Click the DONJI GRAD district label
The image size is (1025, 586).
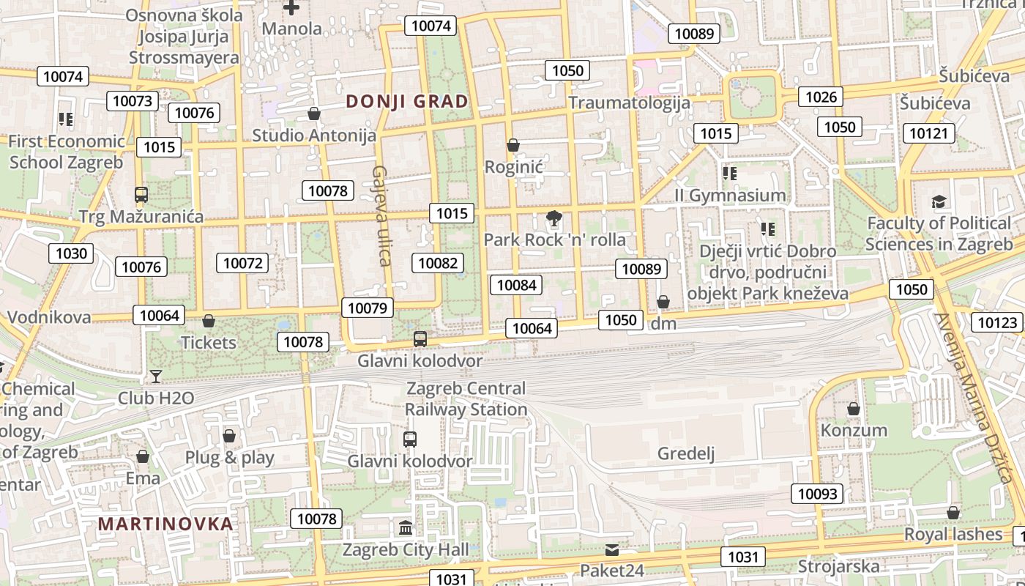pyautogui.click(x=406, y=101)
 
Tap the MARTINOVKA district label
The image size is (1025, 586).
pyautogui.click(x=165, y=524)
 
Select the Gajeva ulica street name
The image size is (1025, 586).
pyautogui.click(x=381, y=215)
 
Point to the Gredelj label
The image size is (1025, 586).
pyautogui.click(x=685, y=453)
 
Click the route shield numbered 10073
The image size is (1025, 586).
pyautogui.click(x=133, y=101)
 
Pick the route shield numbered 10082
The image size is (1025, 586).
pyautogui.click(x=438, y=263)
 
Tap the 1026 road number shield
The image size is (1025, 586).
pyautogui.click(x=821, y=97)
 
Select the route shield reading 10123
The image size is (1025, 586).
pyautogui.click(x=997, y=322)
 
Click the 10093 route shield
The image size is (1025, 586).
pyautogui.click(x=816, y=494)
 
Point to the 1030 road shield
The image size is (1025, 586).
pyautogui.click(x=71, y=253)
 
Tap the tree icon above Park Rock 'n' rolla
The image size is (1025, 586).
pyautogui.click(x=554, y=218)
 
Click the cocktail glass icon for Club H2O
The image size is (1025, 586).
pyautogui.click(x=156, y=377)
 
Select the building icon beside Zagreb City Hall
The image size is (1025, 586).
pyautogui.click(x=405, y=527)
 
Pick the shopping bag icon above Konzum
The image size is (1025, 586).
pyautogui.click(x=853, y=409)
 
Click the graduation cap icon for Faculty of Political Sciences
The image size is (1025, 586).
pyautogui.click(x=939, y=201)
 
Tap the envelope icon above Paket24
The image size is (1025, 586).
pyautogui.click(x=612, y=549)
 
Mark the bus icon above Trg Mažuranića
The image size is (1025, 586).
pyautogui.click(x=141, y=195)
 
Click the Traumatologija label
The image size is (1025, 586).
pyautogui.click(x=629, y=102)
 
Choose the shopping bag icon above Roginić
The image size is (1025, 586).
pyautogui.click(x=513, y=145)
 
